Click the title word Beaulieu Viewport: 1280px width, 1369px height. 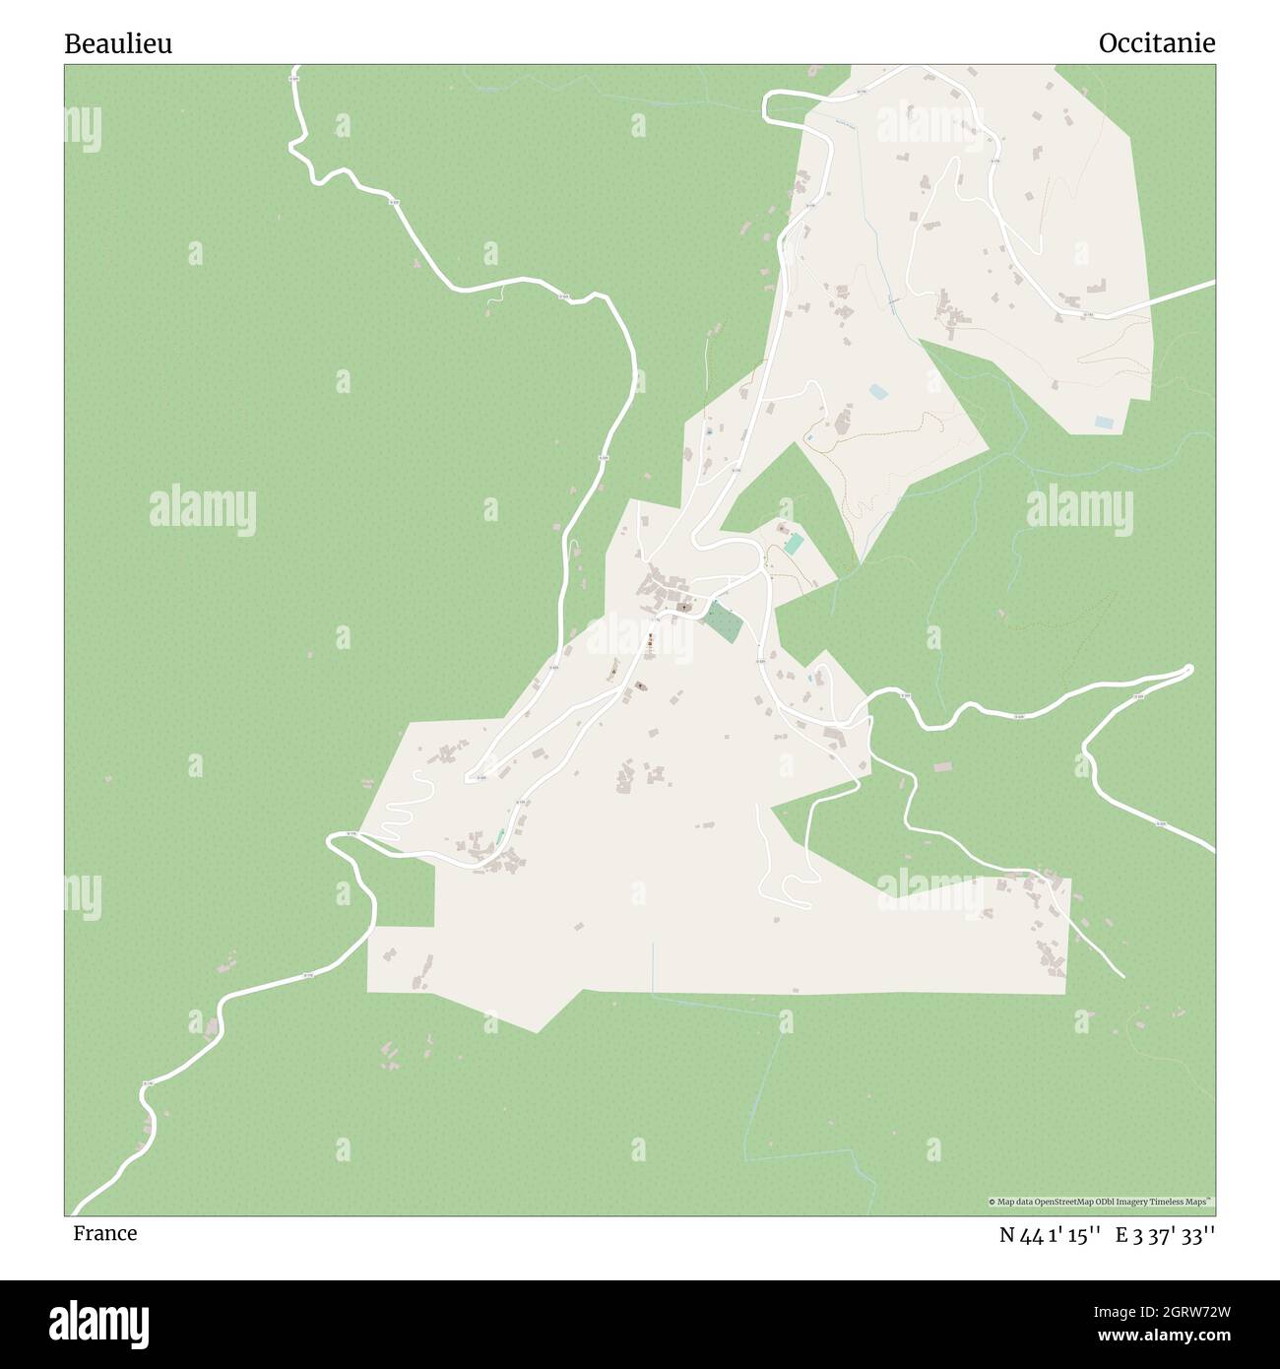click(118, 43)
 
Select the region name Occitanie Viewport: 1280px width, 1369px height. click(1156, 43)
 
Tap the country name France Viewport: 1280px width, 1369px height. click(104, 1233)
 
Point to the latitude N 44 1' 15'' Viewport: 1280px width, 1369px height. click(1050, 1235)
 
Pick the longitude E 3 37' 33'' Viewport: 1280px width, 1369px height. click(1166, 1235)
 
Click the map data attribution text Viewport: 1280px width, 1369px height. click(1101, 1202)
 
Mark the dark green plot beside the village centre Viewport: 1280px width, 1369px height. click(724, 622)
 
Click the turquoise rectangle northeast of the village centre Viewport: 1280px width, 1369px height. click(794, 544)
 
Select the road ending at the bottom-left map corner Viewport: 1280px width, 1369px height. click(98, 1192)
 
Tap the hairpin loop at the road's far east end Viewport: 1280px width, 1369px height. click(1186, 671)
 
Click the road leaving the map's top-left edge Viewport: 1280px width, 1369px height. click(295, 89)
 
